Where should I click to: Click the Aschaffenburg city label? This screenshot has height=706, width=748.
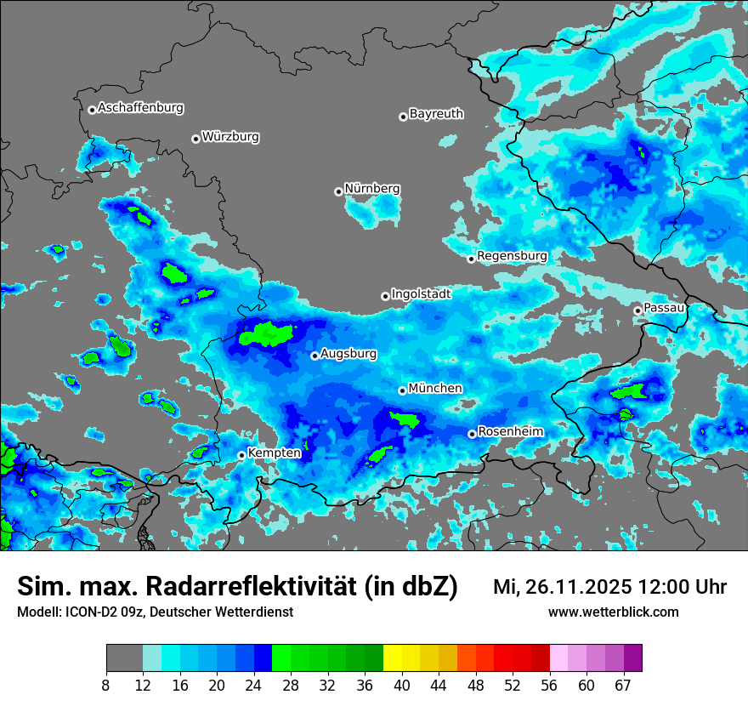point(140,108)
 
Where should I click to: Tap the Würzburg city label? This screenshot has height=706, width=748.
point(230,137)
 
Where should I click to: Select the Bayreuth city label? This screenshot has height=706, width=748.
point(436,113)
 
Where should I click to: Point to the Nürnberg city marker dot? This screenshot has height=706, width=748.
point(338,191)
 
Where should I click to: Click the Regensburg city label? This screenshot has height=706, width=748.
point(512,256)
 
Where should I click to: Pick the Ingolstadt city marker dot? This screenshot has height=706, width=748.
point(385,296)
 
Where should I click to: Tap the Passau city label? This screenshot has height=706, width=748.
point(665,307)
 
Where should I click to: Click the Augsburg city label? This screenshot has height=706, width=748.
point(348,353)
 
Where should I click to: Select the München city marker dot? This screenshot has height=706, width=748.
point(402,390)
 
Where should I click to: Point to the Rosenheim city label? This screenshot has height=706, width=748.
point(510,432)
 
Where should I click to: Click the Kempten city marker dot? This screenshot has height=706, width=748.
point(241,455)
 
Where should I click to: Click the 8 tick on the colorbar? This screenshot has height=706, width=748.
point(106,685)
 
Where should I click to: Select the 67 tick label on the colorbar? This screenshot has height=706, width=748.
point(623,685)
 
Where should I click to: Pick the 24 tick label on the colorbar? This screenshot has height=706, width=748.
point(254,685)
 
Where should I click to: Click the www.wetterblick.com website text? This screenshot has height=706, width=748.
point(613,612)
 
